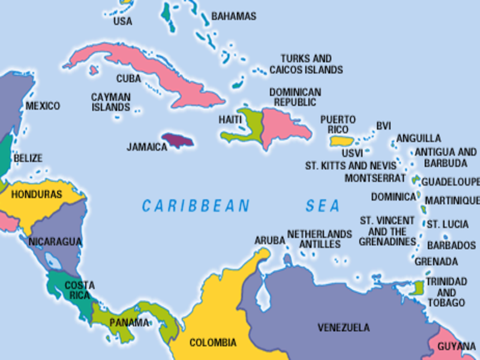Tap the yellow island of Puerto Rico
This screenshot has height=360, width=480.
340,141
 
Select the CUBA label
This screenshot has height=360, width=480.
128,79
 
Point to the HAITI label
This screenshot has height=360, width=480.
230,120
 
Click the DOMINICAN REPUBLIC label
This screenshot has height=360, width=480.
295,97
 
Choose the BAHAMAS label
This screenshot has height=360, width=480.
233,16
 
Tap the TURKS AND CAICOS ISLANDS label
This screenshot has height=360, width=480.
306,64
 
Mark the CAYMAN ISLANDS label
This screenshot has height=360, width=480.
110,102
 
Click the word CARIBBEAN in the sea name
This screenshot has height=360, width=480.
196,206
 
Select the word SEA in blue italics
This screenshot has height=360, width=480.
323,206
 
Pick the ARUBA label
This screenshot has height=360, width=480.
269,240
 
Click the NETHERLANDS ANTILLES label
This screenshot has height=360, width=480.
319,239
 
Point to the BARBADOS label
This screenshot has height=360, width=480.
451,245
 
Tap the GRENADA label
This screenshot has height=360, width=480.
436,262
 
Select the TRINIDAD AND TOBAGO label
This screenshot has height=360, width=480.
446,292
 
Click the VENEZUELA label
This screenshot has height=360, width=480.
343,328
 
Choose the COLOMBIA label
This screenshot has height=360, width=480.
213,343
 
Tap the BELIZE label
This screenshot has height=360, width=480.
28,158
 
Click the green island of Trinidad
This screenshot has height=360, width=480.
418,288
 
